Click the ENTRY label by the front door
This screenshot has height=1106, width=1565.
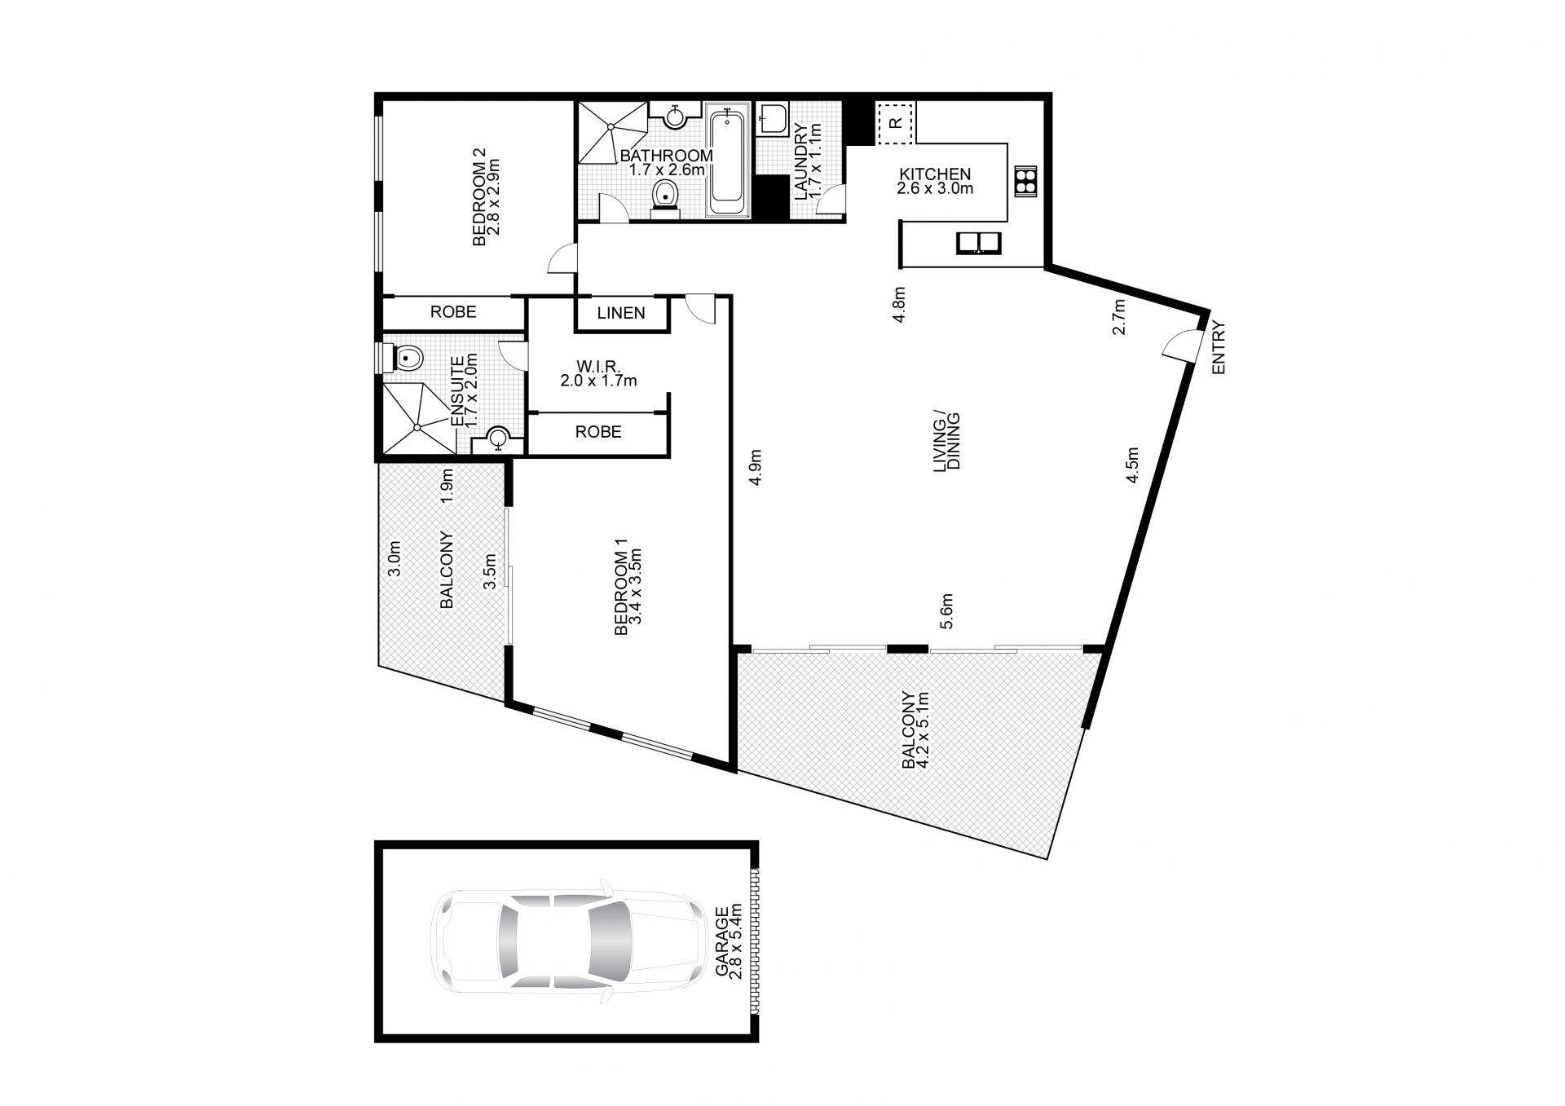pyautogui.click(x=1219, y=348)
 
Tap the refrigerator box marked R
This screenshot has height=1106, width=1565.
pyautogui.click(x=896, y=123)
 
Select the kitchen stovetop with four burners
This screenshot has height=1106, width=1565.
pyautogui.click(x=1025, y=181)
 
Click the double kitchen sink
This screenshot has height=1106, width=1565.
pyautogui.click(x=978, y=243)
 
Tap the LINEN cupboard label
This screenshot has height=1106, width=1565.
pyautogui.click(x=621, y=313)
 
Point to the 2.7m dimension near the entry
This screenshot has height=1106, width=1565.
pyautogui.click(x=1120, y=317)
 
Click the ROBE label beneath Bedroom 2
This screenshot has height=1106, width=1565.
pyautogui.click(x=453, y=312)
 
